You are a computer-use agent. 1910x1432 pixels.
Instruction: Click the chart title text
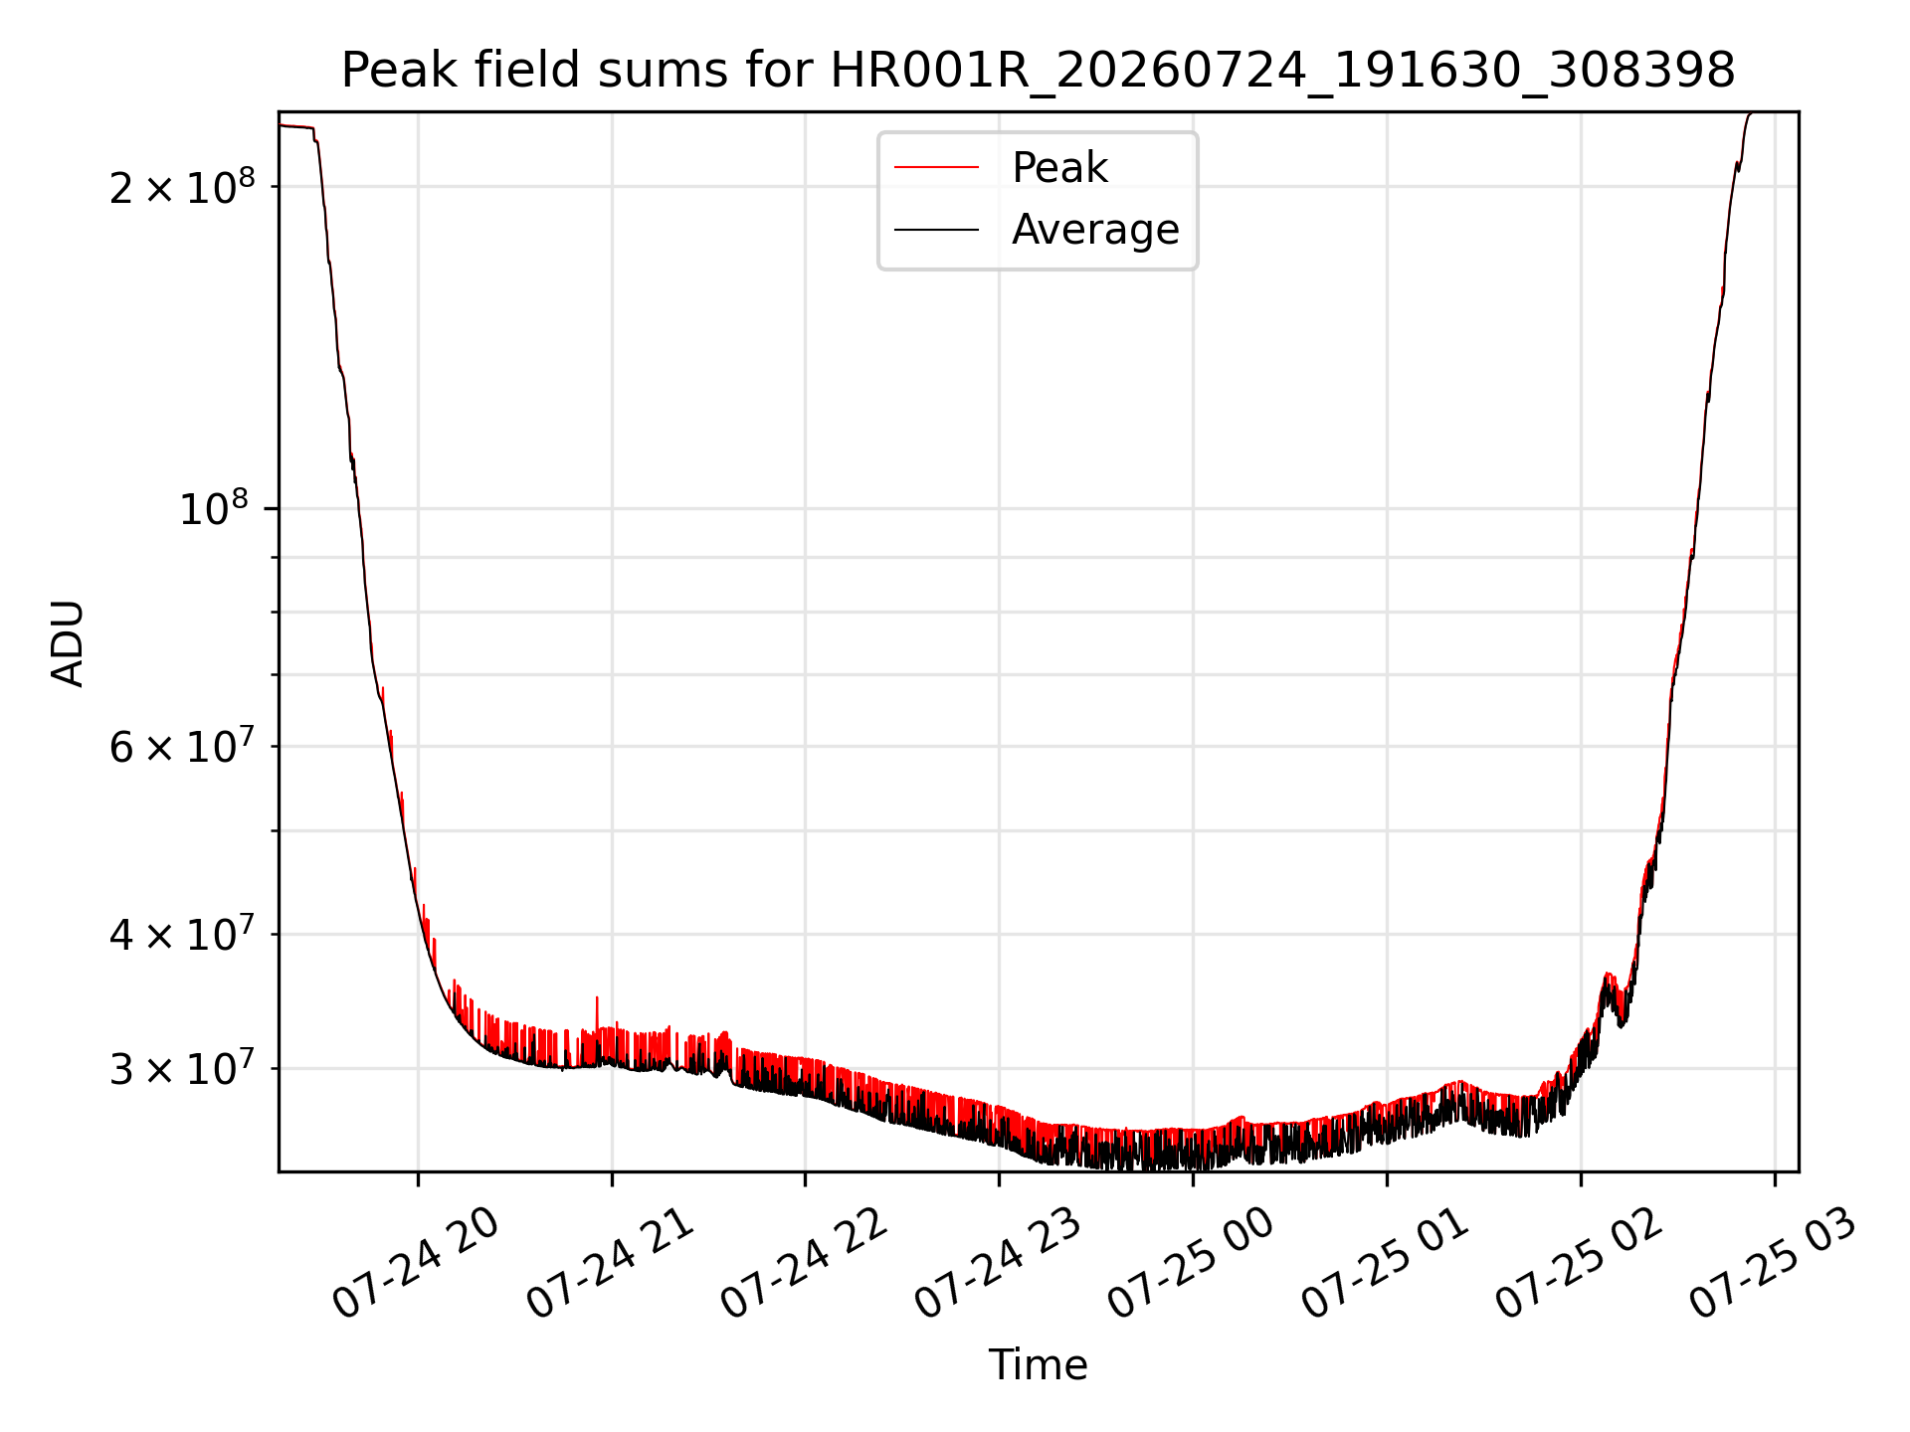point(1038,71)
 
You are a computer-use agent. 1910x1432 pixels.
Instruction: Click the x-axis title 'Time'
point(1038,1364)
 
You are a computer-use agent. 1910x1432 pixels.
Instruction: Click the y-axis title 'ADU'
point(68,642)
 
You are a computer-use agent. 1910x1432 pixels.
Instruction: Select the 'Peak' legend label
point(1059,167)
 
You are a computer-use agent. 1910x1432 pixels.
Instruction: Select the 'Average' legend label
point(1095,229)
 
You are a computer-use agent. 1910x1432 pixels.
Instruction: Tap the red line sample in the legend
point(936,167)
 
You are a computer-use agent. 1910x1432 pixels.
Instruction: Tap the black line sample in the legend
point(936,230)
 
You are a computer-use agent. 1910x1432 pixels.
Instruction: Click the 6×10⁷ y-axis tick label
point(182,745)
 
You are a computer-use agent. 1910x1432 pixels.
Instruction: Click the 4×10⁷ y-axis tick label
point(182,933)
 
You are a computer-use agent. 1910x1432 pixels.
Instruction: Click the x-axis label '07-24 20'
point(415,1262)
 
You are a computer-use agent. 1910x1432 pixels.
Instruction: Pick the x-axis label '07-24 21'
point(609,1262)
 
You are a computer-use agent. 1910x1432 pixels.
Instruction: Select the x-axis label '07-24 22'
point(803,1262)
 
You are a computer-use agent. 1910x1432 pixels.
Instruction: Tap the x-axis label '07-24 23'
point(997,1262)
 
